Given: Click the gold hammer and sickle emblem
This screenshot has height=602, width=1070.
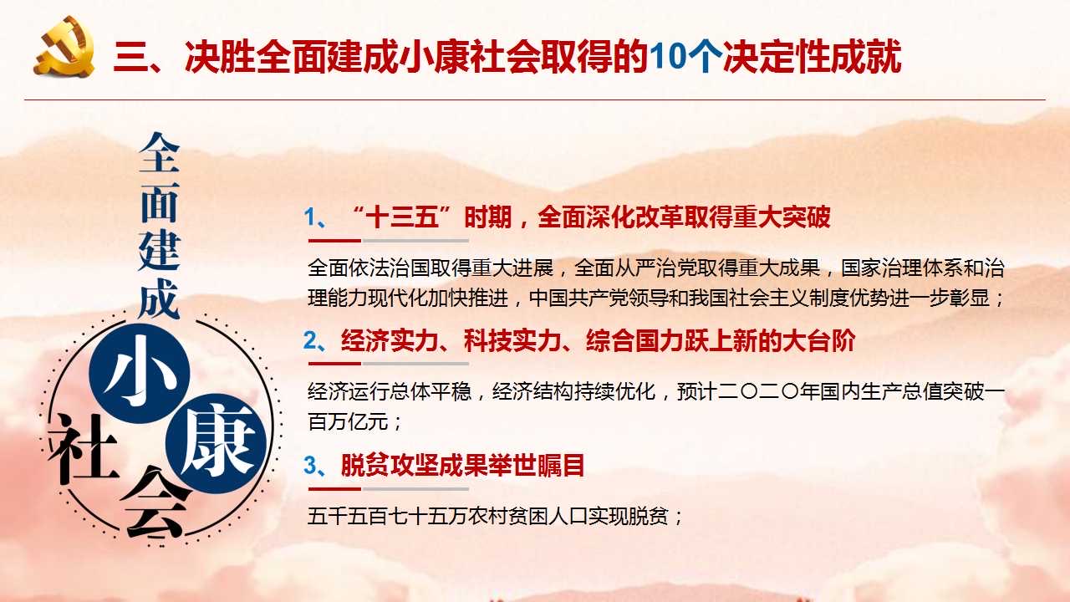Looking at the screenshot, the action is click(64, 46).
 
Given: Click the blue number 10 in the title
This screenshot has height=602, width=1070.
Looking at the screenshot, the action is click(670, 57).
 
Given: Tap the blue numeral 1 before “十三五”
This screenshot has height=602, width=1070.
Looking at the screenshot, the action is click(310, 217).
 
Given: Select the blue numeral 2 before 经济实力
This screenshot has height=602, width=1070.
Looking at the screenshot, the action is click(310, 340).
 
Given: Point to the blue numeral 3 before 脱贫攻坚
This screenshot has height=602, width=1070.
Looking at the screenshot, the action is click(310, 465).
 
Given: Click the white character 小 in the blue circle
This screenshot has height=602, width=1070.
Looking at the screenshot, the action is click(139, 372).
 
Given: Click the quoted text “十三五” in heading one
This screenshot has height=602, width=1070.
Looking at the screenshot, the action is click(402, 217).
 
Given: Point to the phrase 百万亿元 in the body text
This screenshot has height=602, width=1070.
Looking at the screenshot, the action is click(348, 422).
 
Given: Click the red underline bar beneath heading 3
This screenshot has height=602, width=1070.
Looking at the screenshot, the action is click(334, 489).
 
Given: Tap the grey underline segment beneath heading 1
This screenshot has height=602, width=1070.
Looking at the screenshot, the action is click(415, 241).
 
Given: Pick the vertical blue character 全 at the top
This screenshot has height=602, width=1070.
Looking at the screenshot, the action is click(160, 152).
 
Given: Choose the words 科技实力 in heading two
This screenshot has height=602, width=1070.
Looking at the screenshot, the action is click(512, 340).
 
